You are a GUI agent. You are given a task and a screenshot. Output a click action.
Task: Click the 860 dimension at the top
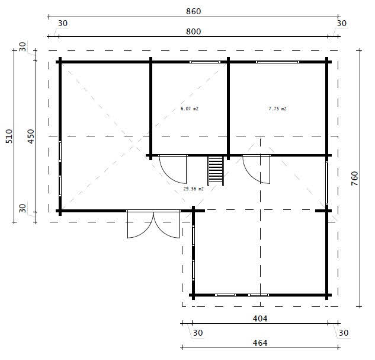pyautogui.click(x=194, y=11)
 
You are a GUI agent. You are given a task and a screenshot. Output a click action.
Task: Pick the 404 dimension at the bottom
pyautogui.click(x=260, y=318)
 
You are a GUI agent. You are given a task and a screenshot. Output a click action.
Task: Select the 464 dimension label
pyautogui.click(x=260, y=343)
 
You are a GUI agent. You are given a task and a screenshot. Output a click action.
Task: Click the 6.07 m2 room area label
pyautogui.click(x=189, y=109)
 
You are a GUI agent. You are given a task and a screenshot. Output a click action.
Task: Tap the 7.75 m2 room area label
pyautogui.click(x=277, y=109)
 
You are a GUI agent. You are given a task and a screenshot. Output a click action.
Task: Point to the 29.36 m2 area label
pyautogui.click(x=193, y=189)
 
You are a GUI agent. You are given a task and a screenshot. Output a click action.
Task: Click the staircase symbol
pyautogui.click(x=215, y=170)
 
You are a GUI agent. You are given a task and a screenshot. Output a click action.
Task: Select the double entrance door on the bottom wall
pyautogui.click(x=153, y=224)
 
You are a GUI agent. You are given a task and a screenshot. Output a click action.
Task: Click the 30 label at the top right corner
pyautogui.click(x=342, y=23)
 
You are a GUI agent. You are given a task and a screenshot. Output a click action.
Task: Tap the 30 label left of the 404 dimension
pyautogui.click(x=197, y=333)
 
